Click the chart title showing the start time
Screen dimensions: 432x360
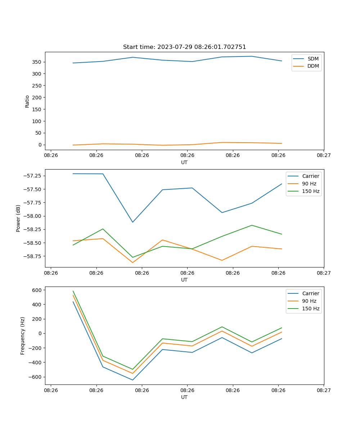pos(184,47)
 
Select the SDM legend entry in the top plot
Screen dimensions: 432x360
pos(313,59)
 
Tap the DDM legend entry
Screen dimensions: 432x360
pos(313,66)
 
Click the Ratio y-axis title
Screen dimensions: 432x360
pos(27,101)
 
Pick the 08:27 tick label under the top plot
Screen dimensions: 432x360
pos(324,156)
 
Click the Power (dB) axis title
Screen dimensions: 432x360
pos(18,218)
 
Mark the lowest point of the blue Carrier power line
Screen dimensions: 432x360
pos(132,222)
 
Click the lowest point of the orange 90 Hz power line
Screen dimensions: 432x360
pos(132,262)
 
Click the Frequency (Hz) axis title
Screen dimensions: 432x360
pos(23,336)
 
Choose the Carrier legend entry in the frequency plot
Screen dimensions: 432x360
pos(311,293)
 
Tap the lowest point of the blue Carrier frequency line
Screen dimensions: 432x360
pos(132,380)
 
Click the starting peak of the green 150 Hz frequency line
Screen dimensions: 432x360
pos(73,291)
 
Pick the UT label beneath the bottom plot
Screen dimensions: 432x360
pos(184,397)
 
